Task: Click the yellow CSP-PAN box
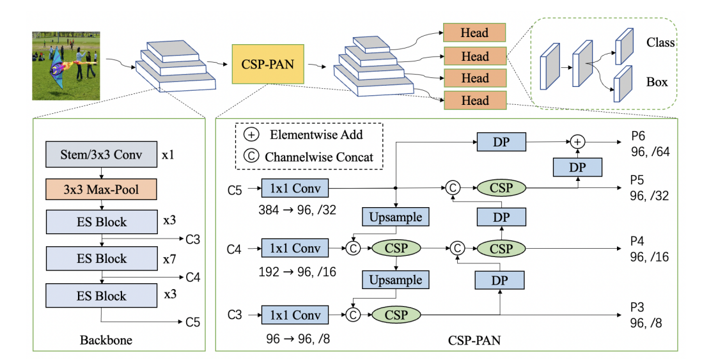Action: pos(267,64)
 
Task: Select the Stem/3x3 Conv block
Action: pos(102,153)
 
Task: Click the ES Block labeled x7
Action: pos(102,258)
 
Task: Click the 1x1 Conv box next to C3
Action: pos(295,315)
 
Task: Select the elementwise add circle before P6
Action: pos(578,141)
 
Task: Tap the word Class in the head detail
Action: pos(661,43)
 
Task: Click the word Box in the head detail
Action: pos(657,82)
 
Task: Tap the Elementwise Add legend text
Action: pos(316,134)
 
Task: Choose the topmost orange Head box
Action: pos(474,33)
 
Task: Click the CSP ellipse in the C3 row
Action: pos(395,315)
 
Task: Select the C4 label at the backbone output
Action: pos(193,278)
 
